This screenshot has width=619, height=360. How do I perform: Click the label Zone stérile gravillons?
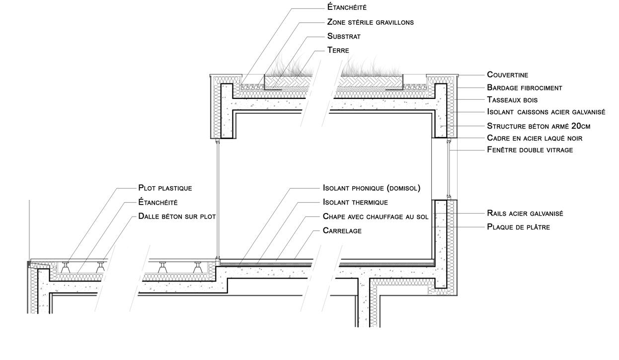370,22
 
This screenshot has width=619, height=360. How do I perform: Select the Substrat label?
344,36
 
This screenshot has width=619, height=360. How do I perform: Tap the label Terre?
338,50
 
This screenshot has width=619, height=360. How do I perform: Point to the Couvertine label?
507,74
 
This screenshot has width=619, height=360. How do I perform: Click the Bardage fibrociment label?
524,88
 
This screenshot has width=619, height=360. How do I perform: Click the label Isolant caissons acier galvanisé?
546,113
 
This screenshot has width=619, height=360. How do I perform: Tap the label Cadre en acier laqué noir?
535,138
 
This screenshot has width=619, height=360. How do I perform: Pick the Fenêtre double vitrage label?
530,149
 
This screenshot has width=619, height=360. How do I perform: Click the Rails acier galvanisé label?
525,214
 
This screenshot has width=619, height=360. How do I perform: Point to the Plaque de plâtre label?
518,227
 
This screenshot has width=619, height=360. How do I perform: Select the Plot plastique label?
165,188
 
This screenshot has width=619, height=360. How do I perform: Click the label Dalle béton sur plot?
177,216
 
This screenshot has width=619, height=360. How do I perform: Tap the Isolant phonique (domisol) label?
372,188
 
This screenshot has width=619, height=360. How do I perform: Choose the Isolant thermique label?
355,203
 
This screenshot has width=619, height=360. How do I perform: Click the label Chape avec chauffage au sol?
375,216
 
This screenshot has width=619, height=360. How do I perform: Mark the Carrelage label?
342,231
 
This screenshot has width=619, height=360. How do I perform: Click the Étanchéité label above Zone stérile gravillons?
347,7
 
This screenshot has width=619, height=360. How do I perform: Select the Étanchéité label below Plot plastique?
158,203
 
